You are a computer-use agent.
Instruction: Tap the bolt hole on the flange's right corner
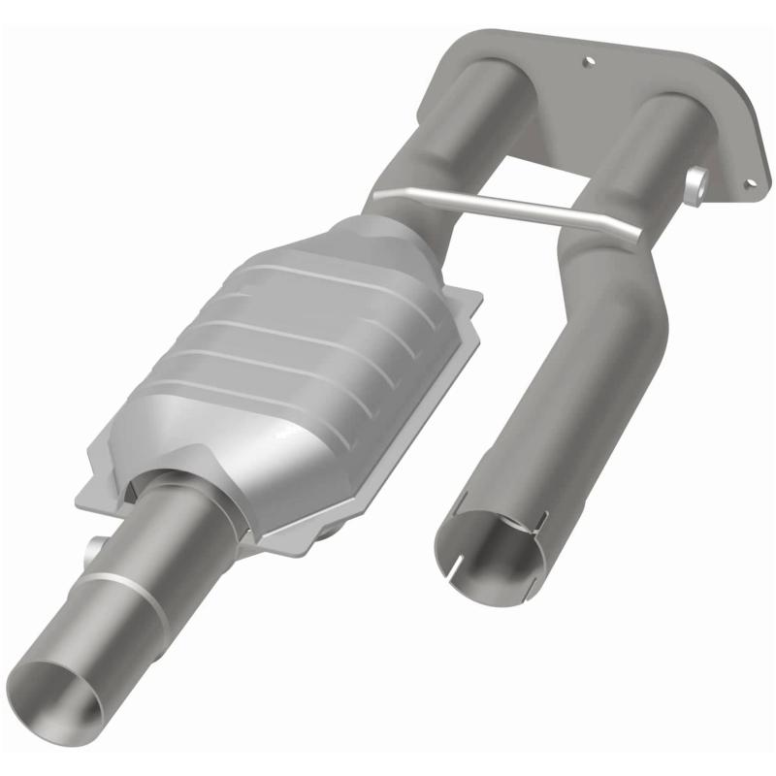point(748,181)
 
